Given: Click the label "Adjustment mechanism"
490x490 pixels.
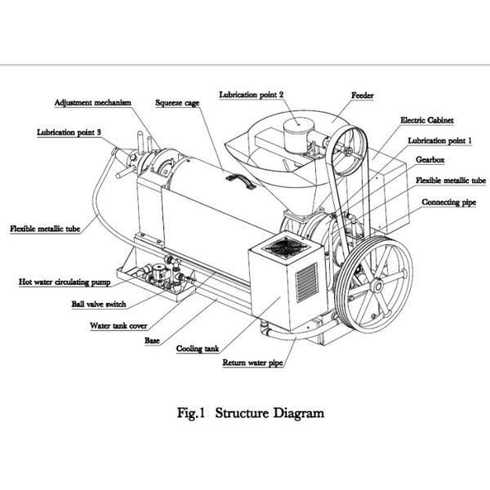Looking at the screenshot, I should [93, 103].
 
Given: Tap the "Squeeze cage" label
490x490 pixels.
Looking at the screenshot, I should [177, 103].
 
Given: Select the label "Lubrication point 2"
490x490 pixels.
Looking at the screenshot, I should [252, 95].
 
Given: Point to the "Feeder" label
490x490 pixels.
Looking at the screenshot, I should [363, 96].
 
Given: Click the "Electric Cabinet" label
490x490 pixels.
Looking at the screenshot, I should [426, 119].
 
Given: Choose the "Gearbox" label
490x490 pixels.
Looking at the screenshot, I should [430, 160].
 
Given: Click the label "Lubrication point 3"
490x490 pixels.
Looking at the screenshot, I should [69, 131].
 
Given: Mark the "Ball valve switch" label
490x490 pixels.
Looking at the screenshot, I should [98, 304].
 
